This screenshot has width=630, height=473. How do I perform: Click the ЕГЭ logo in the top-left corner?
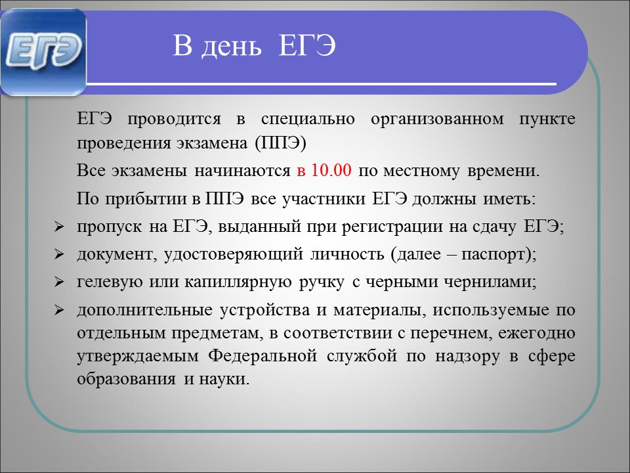click(x=43, y=52)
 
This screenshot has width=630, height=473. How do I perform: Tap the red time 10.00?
click(x=331, y=170)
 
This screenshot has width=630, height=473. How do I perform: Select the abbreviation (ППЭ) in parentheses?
click(x=280, y=143)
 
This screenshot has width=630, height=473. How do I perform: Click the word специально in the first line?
click(x=308, y=120)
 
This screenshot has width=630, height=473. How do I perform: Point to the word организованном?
click(x=437, y=120)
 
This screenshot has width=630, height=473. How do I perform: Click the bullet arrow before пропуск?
click(x=59, y=227)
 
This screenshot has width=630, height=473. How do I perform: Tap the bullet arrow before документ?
click(x=59, y=254)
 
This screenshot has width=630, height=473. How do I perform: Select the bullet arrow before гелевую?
click(x=59, y=282)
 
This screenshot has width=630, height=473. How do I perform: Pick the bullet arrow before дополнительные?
click(x=59, y=310)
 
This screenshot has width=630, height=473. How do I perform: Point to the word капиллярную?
click(x=238, y=282)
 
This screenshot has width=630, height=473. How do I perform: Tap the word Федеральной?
click(x=263, y=356)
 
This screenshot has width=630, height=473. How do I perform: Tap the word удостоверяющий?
click(x=234, y=255)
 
